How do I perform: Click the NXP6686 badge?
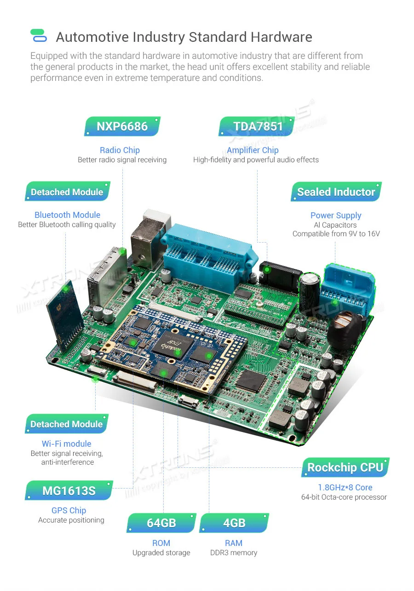(122, 126)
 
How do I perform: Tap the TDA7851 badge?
(258, 126)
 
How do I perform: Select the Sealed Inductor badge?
(336, 192)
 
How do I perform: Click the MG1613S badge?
(69, 491)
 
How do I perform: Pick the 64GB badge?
(161, 523)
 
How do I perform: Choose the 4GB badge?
(234, 523)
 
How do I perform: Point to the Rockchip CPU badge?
(345, 468)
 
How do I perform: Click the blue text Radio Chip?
(120, 150)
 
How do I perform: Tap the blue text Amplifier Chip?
(253, 150)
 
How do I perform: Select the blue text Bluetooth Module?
(67, 215)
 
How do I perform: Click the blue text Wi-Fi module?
(66, 444)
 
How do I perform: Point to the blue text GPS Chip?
(69, 511)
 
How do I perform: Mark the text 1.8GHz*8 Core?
(345, 488)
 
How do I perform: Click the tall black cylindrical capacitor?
(309, 290)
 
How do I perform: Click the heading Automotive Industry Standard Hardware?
(184, 37)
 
